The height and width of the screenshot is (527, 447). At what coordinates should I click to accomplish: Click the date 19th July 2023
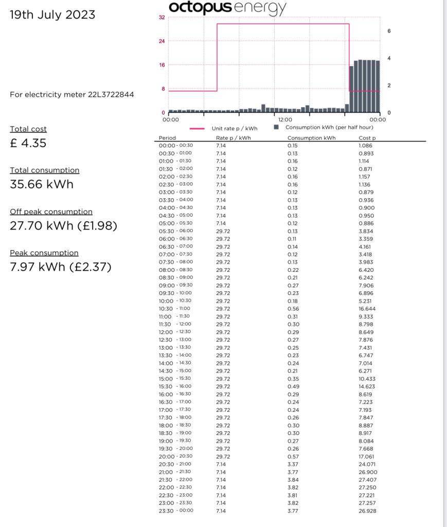point(52,15)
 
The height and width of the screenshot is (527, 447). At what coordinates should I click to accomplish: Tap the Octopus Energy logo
point(228,7)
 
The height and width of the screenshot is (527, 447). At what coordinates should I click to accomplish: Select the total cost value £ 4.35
point(28,143)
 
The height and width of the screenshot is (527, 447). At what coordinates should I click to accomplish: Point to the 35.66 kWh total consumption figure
point(42,184)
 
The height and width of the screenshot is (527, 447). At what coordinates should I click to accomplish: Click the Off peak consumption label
point(51,212)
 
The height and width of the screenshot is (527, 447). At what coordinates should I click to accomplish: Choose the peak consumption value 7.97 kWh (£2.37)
point(61,267)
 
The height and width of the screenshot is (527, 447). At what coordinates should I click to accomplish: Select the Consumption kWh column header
point(311,138)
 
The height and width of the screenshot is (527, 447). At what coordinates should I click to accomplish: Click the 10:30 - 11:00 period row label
point(175,309)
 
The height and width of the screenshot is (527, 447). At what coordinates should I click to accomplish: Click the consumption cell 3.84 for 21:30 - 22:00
point(293,480)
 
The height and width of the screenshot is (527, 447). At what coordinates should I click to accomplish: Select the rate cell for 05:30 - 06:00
point(223,231)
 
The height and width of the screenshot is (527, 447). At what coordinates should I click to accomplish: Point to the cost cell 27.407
point(367,480)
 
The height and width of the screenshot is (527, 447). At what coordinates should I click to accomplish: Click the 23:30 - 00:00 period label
point(175,511)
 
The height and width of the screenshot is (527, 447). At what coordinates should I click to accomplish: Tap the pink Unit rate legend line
point(201,129)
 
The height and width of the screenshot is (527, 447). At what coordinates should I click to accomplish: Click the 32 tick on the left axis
point(162,17)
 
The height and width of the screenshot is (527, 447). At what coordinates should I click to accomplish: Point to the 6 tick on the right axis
point(389,31)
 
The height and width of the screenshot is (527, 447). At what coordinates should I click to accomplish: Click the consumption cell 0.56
point(293,309)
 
